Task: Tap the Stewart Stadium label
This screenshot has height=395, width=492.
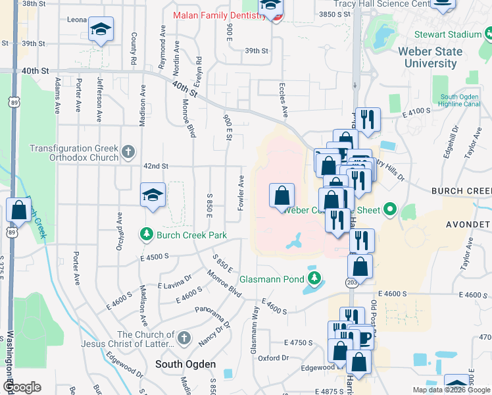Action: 449,34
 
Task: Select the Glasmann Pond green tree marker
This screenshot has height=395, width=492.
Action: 315,278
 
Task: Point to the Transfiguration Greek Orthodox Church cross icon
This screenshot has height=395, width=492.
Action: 129,153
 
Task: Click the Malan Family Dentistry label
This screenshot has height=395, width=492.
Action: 220,15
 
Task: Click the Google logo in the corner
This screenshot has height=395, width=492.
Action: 22,386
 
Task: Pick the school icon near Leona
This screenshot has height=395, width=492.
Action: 101,30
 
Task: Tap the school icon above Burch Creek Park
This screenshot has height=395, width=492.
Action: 153,196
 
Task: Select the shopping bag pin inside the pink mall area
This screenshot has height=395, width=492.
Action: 282,195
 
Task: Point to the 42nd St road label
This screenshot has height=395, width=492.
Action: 156,167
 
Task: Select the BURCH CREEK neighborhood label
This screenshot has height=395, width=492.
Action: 461,190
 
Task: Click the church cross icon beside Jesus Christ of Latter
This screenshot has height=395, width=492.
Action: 184,338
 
